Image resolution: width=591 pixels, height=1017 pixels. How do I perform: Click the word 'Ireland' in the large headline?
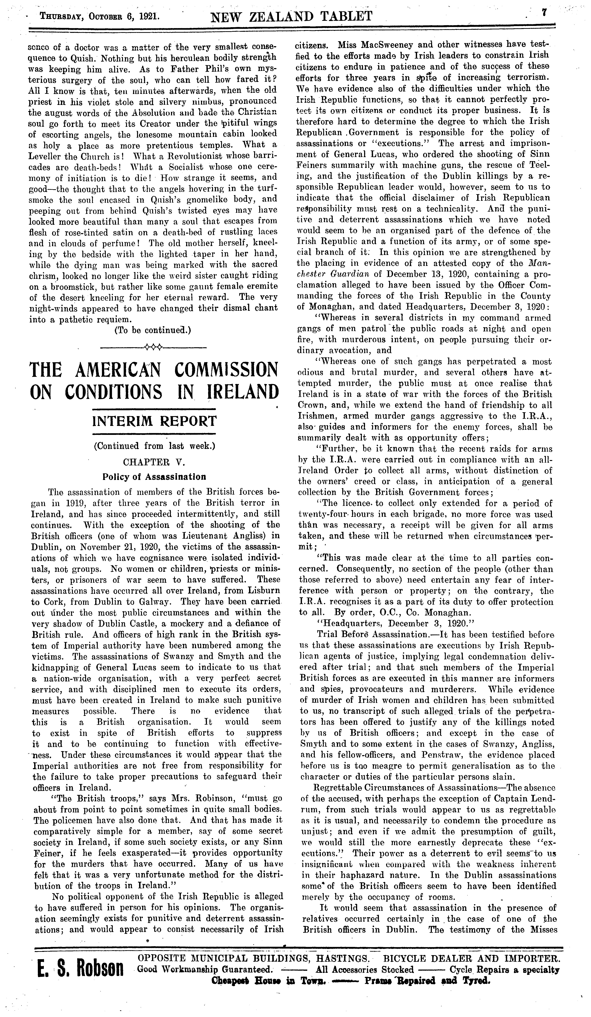click(242, 392)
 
